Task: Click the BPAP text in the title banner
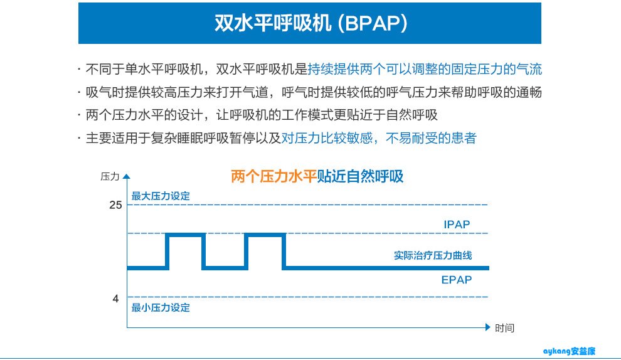click(376, 23)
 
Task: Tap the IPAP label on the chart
click(457, 225)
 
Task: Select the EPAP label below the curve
click(457, 280)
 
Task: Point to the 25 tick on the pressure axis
click(115, 205)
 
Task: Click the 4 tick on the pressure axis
click(115, 299)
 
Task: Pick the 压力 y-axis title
click(110, 177)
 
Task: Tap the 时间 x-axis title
click(504, 328)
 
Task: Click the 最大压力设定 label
click(161, 196)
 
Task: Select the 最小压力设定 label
click(161, 308)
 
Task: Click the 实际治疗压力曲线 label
click(433, 255)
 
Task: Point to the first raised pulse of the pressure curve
click(185, 235)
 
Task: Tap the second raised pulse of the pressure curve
click(265, 235)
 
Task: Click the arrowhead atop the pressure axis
click(127, 177)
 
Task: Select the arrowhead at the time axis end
click(488, 327)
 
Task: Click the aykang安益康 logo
click(569, 351)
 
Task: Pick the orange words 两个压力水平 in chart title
click(274, 176)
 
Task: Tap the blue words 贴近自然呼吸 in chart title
click(361, 176)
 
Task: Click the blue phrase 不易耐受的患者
click(431, 138)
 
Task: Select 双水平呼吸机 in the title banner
click(273, 23)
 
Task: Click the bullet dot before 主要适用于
click(79, 138)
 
